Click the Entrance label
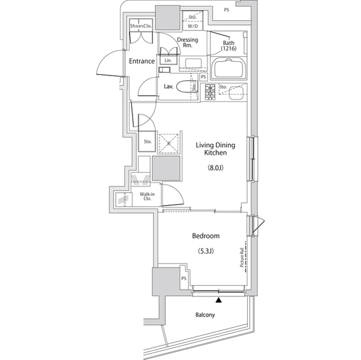pos(142,61)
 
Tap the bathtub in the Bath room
pos(228,68)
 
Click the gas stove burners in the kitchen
pos(210,92)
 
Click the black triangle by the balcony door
pos(218,300)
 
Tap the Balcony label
pos(205,315)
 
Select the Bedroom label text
pos(206,236)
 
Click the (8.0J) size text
pos(215,168)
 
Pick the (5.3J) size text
pos(206,251)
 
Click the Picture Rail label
pos(242,257)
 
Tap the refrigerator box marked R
pos(169,144)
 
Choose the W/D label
pos(193,26)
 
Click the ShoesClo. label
pos(141,26)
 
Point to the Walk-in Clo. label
pos(147,196)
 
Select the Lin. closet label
pos(168,61)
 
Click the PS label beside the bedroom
pos(184,278)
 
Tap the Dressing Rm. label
pos(187,42)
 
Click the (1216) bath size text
pos(228,48)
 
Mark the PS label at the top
pos(227,10)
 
